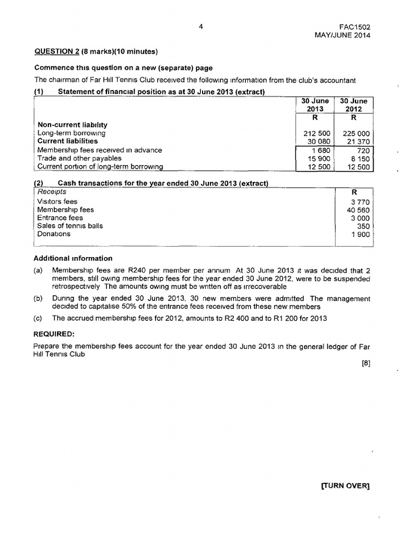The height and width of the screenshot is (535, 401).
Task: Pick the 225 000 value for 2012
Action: (357, 133)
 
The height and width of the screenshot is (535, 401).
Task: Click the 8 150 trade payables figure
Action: (360, 158)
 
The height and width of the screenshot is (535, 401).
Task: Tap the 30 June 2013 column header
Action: (314, 105)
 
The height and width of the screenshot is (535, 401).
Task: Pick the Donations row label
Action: (54, 234)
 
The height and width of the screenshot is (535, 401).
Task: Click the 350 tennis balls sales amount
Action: (363, 226)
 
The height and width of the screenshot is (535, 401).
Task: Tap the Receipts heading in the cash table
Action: (52, 191)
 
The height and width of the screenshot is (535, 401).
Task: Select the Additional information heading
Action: (73, 258)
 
